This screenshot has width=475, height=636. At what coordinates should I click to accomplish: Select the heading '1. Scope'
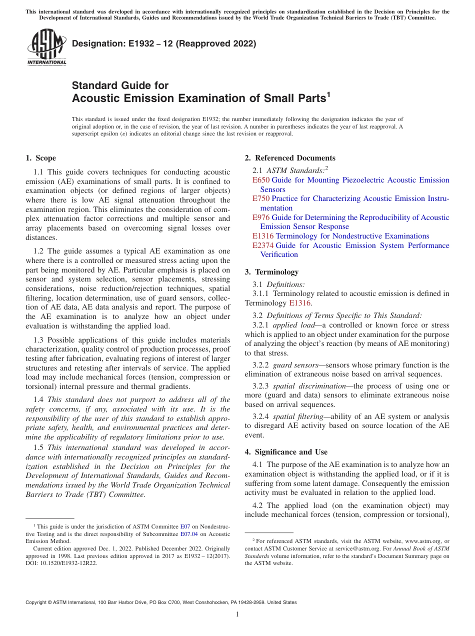click(40, 158)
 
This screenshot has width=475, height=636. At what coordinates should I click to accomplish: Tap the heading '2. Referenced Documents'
click(289, 158)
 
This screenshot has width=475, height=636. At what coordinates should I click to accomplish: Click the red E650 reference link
click(261, 180)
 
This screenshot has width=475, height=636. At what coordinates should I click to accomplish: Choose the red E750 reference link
click(261, 198)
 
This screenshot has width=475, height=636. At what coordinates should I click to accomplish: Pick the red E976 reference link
click(261, 217)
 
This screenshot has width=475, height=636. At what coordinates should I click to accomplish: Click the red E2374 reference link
click(263, 245)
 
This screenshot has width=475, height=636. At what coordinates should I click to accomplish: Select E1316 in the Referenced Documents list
click(263, 236)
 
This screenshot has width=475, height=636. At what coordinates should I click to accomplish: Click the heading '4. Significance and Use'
click(286, 452)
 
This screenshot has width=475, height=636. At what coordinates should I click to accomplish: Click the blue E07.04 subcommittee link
click(189, 533)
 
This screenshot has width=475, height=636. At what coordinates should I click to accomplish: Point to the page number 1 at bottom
click(237, 614)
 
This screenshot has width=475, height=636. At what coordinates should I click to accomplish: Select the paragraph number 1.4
click(39, 399)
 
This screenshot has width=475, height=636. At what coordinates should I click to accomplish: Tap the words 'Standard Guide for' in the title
click(120, 85)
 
